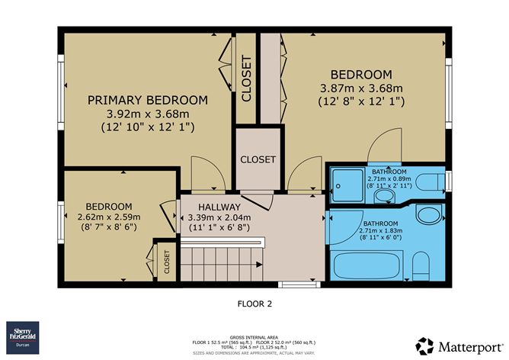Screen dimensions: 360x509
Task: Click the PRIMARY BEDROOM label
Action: point(147,100)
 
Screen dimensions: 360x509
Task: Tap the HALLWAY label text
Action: point(219,207)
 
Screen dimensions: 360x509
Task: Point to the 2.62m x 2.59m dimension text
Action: point(108,217)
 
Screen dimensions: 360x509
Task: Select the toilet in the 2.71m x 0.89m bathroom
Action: point(432,184)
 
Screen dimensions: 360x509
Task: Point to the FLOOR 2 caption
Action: point(254,304)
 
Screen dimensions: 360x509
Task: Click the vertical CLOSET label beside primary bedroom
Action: point(246,79)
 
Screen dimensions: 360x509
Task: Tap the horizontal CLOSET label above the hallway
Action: point(258,160)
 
